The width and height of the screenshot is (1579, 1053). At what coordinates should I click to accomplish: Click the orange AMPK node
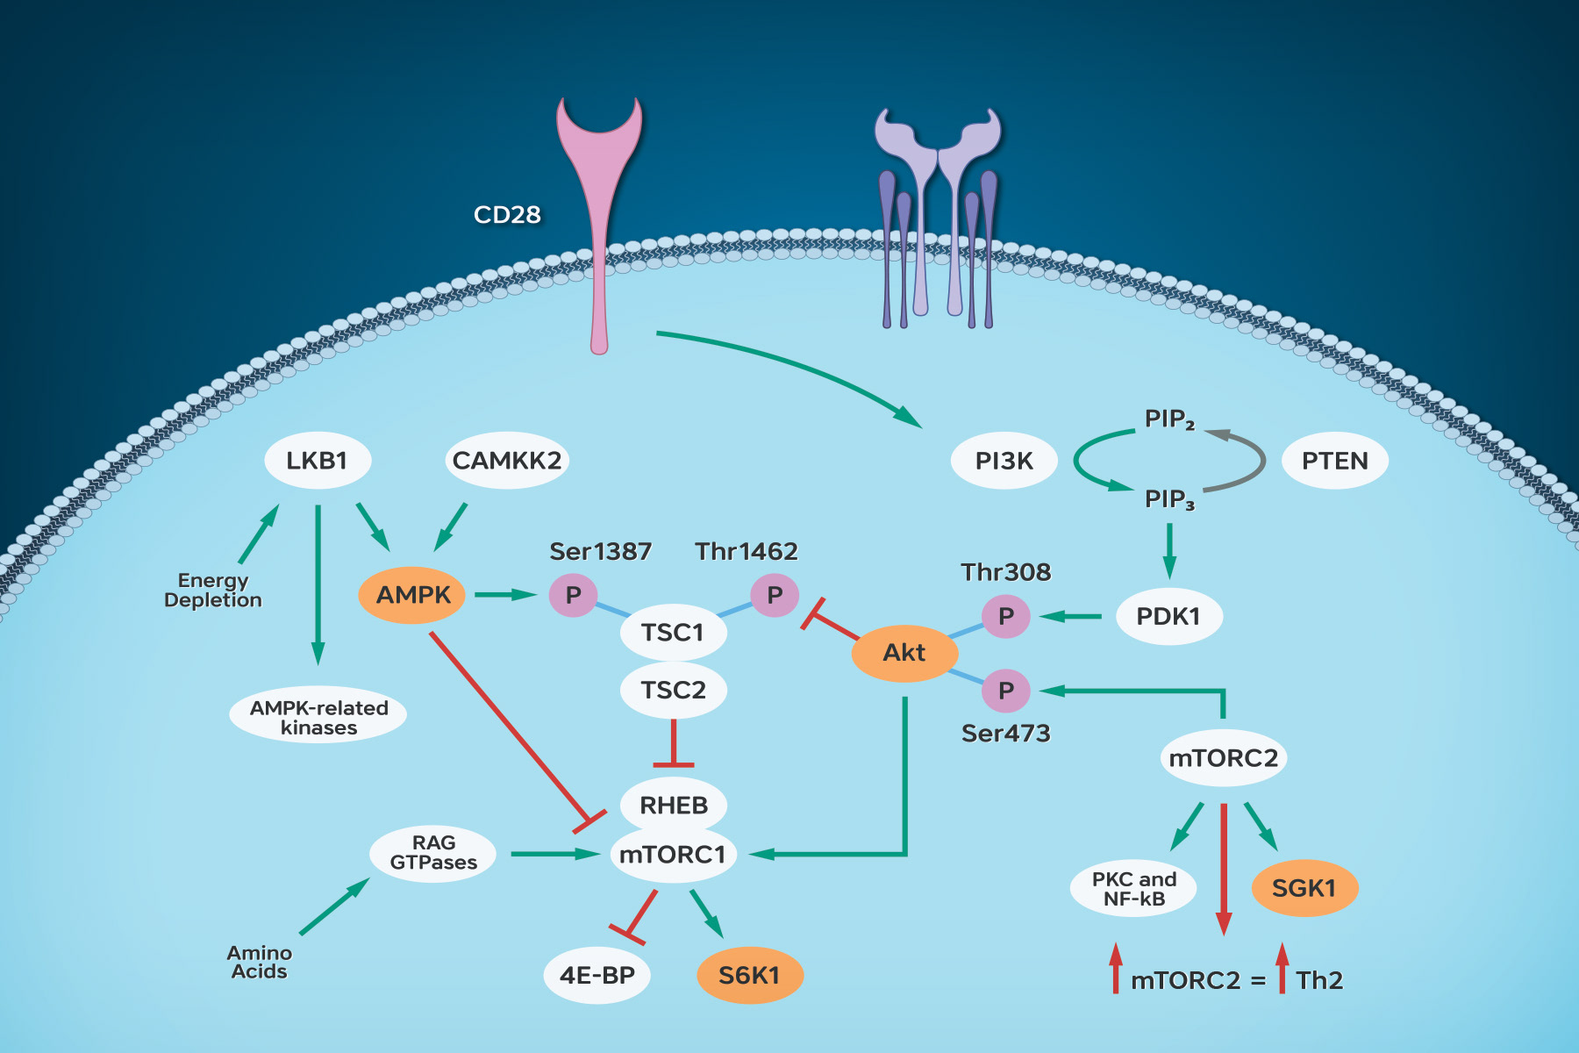[412, 595]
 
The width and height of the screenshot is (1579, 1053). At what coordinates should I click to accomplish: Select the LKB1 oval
[318, 460]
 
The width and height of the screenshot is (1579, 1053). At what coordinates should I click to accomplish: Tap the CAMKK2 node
[506, 460]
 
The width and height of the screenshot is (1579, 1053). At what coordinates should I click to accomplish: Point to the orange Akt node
[904, 653]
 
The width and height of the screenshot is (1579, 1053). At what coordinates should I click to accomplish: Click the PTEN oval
[1334, 461]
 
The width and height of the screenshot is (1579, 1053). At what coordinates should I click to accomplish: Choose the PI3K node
[1004, 461]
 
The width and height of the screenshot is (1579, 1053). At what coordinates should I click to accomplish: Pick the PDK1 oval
[1168, 616]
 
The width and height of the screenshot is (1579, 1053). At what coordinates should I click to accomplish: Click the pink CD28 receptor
[599, 219]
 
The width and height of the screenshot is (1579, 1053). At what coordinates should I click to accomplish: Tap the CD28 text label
[507, 215]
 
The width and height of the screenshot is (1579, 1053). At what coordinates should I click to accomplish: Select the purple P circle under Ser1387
[573, 595]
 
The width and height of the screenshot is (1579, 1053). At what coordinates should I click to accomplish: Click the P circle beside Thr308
[1005, 616]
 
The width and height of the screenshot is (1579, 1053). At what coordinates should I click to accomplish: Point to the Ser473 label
[1005, 734]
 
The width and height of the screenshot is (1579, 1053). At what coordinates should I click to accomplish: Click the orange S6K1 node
[749, 975]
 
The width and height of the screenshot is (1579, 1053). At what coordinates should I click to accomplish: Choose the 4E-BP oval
[597, 975]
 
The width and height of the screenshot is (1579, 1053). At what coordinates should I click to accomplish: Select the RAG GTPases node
[433, 853]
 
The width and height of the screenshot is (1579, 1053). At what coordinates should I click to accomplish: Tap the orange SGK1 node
[1304, 888]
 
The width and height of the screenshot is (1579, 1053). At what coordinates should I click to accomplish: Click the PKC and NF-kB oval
[1133, 888]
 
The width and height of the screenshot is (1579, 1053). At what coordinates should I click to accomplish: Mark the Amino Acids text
[260, 962]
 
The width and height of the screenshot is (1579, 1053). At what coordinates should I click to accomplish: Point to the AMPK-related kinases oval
[318, 717]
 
